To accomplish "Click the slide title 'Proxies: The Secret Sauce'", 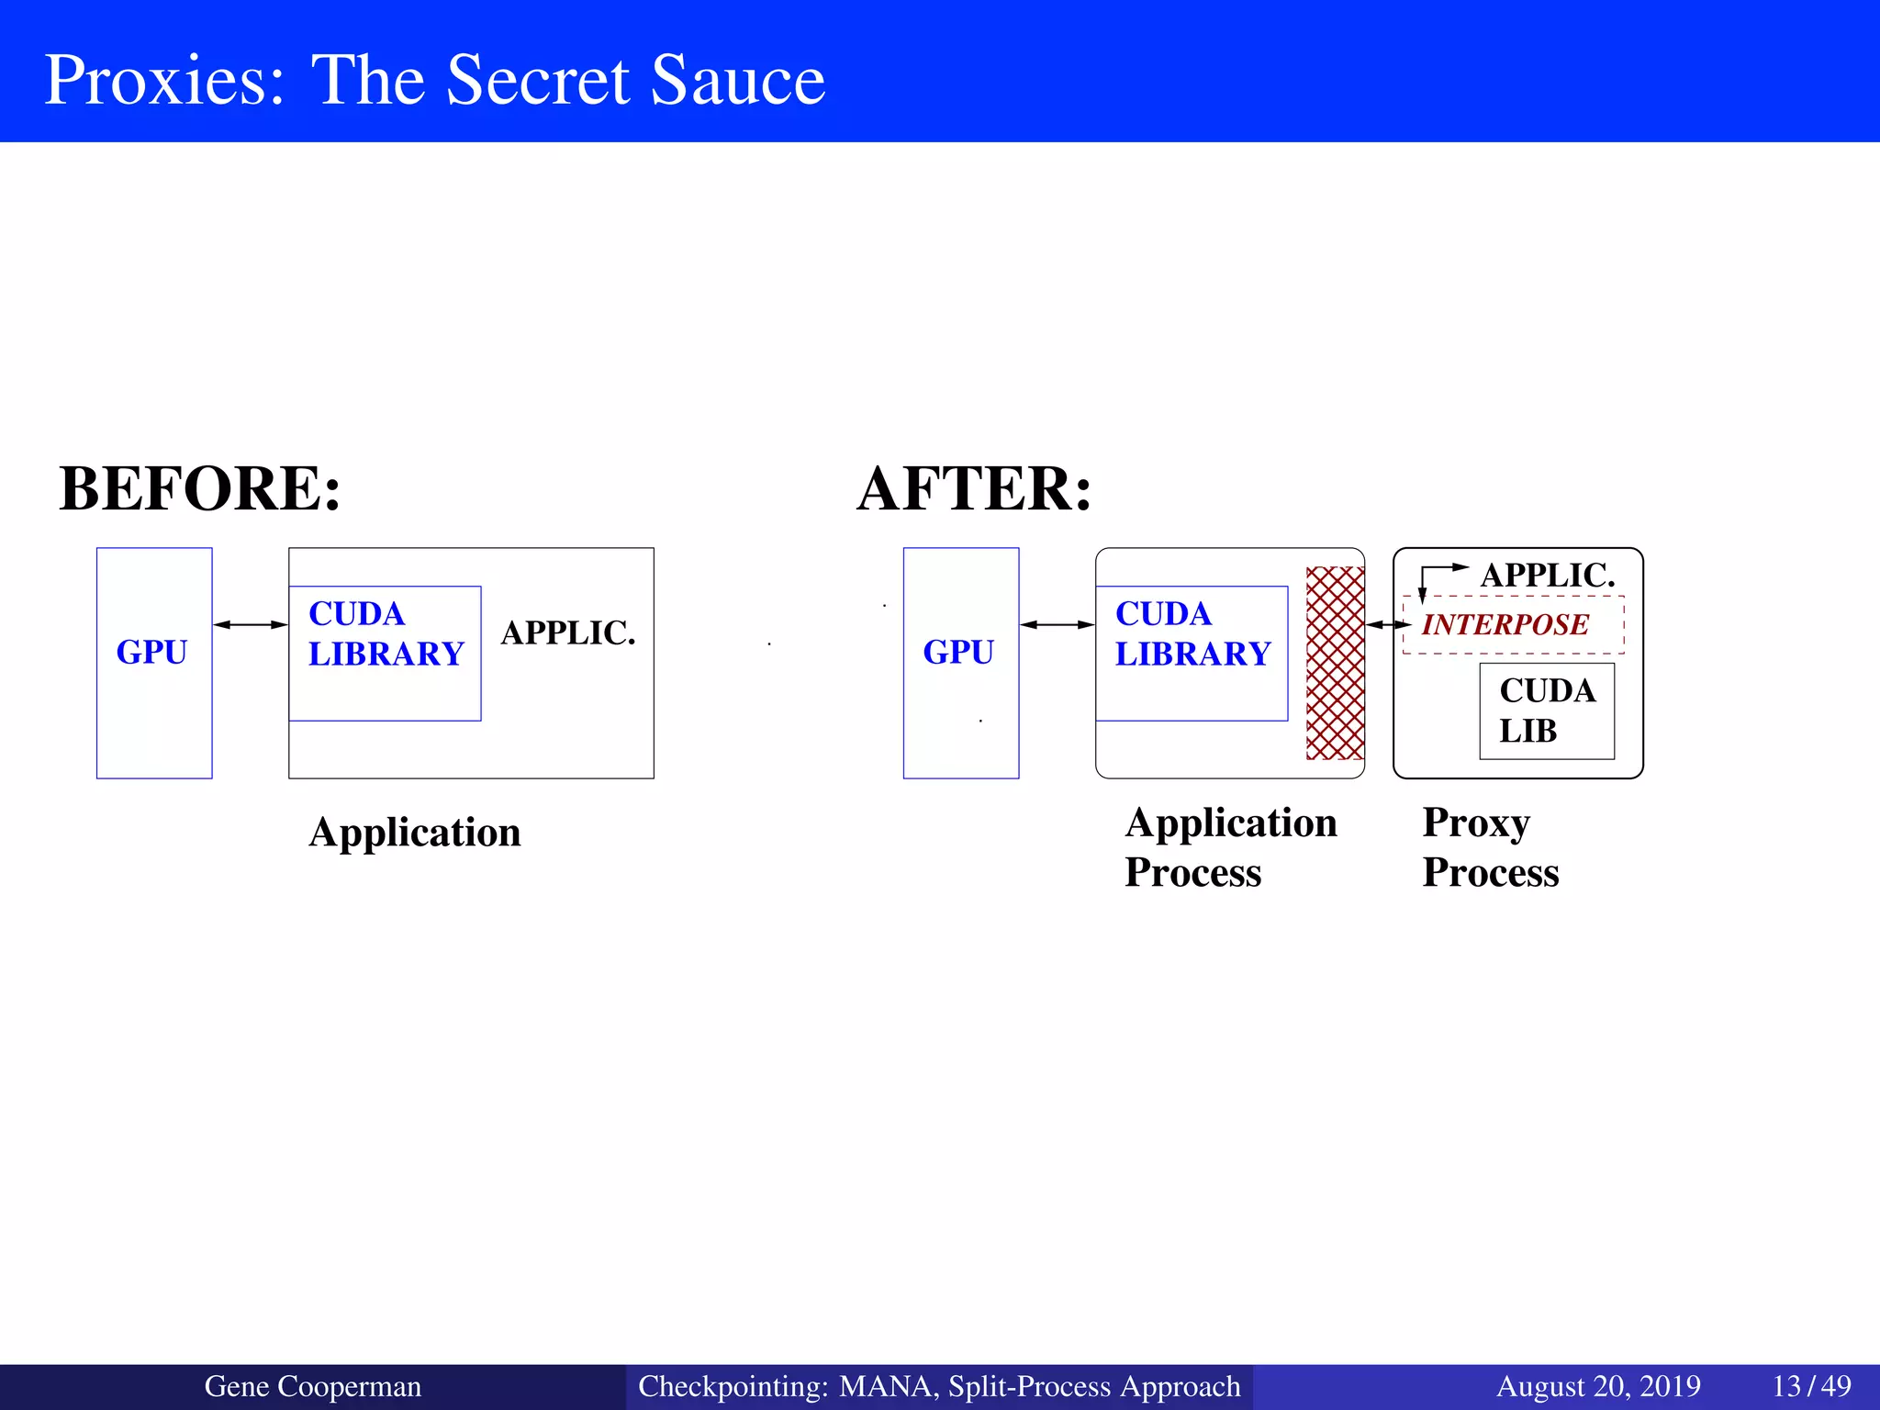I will tap(434, 80).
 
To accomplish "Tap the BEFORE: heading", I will tap(200, 488).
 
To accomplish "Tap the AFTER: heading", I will tap(974, 488).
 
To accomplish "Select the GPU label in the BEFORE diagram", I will tap(152, 652).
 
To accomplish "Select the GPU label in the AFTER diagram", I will tap(958, 652).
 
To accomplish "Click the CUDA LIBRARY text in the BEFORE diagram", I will tap(386, 634).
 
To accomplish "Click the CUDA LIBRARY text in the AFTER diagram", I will tap(1192, 634).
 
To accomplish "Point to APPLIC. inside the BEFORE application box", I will tap(568, 633).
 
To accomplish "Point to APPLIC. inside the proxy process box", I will tap(1548, 576).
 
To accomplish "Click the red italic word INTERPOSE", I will tap(1505, 625).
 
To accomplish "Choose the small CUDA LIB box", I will tap(1547, 711).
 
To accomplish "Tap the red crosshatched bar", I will tap(1335, 663).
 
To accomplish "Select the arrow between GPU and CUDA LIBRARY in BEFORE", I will tap(251, 625).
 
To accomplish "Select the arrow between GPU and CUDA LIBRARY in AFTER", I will tap(1057, 625).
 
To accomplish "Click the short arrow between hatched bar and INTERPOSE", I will tap(1388, 625).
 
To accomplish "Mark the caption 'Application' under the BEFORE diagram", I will tap(415, 833).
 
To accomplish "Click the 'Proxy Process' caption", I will tap(1490, 847).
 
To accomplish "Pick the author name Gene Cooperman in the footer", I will tap(312, 1386).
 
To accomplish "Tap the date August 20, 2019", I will tap(1598, 1386).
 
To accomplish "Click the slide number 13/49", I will tap(1811, 1386).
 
